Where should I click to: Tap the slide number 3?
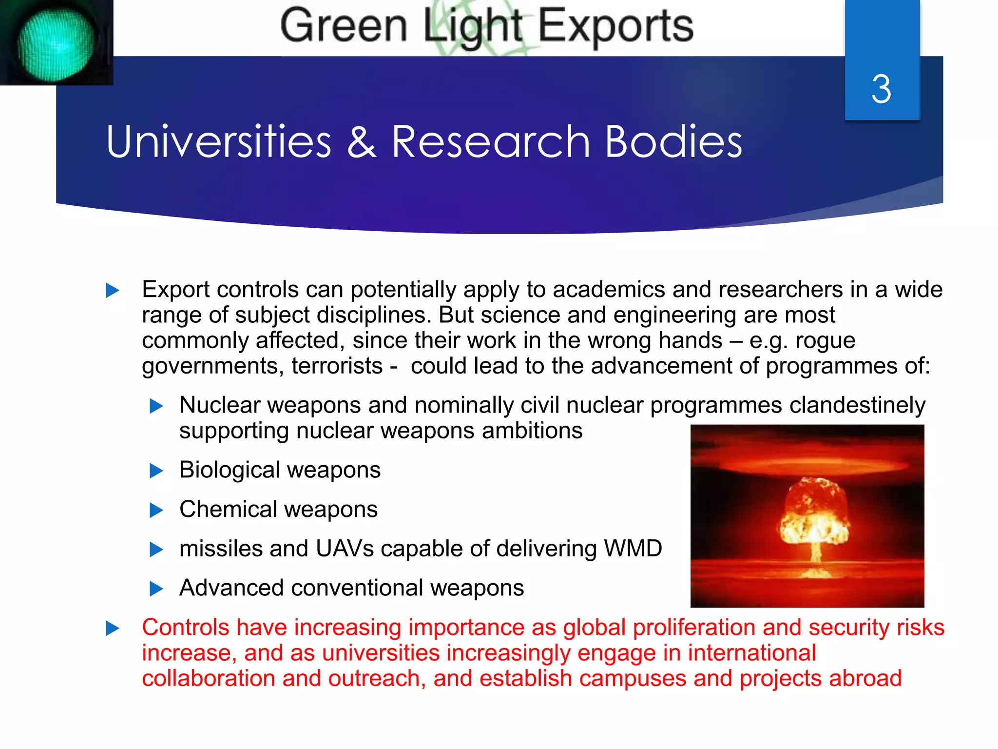click(x=881, y=89)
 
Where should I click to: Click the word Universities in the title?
click(x=219, y=142)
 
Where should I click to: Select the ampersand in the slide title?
click(x=362, y=142)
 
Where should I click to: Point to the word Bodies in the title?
click(x=673, y=142)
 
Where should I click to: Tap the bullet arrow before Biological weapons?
click(x=156, y=471)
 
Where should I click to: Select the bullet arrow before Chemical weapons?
click(x=156, y=511)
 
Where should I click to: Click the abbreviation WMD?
click(x=633, y=549)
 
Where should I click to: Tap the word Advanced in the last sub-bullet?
click(x=231, y=588)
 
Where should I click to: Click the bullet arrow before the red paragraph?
click(x=113, y=629)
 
